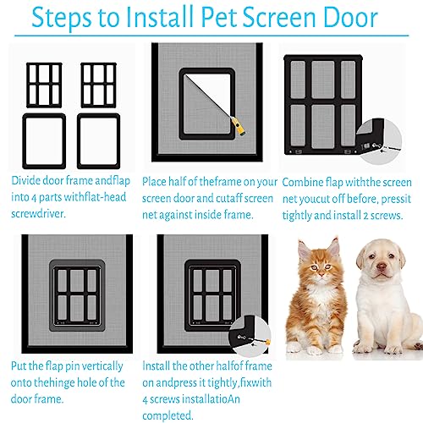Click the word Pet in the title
(x=219, y=18)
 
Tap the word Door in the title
(x=350, y=18)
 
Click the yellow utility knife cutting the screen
(x=238, y=126)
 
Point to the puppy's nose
(x=382, y=266)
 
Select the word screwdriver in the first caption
(x=38, y=214)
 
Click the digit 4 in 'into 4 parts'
(x=34, y=198)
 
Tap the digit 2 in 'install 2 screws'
(x=365, y=216)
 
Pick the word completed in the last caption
(x=168, y=415)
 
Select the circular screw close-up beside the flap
(x=379, y=142)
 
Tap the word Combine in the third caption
(x=302, y=183)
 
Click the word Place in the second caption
(x=154, y=182)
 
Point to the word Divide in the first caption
(x=25, y=180)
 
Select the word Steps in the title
(x=62, y=18)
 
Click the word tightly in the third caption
(x=297, y=216)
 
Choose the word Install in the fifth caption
(x=156, y=366)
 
